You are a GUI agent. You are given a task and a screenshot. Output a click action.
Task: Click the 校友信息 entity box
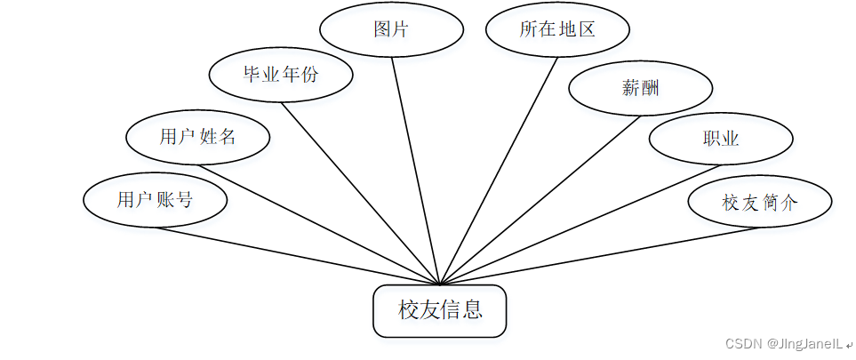(x=440, y=311)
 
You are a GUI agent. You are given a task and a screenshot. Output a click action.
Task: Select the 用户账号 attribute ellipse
(x=156, y=200)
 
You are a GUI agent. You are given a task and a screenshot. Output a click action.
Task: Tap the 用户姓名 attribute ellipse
(x=198, y=138)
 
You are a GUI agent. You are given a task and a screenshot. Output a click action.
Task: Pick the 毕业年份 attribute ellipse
(x=281, y=75)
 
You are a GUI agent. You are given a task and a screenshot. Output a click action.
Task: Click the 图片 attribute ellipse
(x=391, y=28)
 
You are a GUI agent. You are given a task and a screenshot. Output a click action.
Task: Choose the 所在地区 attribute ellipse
(x=557, y=28)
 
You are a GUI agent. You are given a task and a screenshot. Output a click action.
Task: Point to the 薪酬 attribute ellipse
(x=640, y=88)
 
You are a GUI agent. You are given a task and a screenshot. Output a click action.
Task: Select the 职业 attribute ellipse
(x=720, y=139)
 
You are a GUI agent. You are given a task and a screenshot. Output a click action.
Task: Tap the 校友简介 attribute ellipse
(x=760, y=202)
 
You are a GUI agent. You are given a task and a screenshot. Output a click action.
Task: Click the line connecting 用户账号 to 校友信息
(x=298, y=257)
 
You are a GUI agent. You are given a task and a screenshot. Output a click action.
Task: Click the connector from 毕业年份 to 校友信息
(x=361, y=194)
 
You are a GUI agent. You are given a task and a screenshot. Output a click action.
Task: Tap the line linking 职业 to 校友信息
(x=563, y=226)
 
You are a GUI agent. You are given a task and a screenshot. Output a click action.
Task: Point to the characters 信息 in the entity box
(x=462, y=310)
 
